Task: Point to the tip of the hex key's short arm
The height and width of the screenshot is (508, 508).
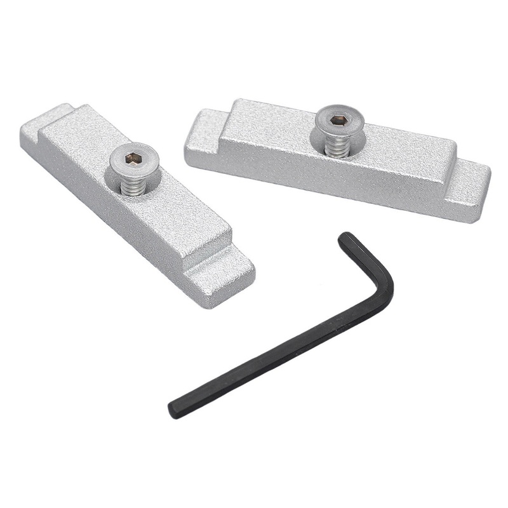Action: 345,238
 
